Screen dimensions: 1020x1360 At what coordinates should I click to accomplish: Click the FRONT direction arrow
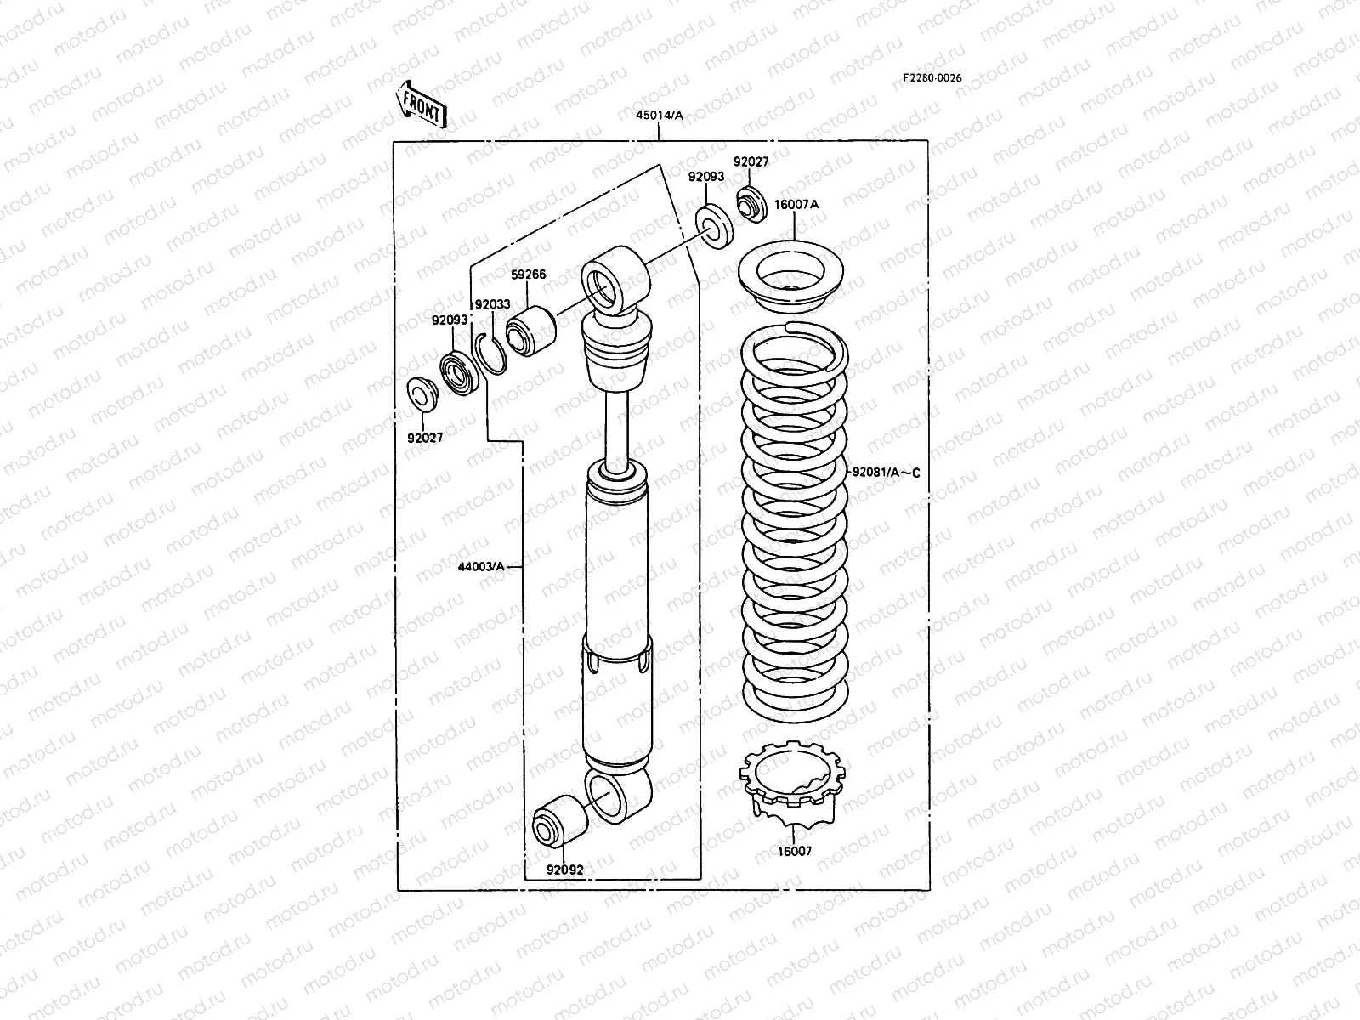(421, 104)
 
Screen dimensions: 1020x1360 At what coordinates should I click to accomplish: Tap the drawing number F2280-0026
(932, 78)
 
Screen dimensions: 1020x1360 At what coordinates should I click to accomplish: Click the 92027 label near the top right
(751, 161)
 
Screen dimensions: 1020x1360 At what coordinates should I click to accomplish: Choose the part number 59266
(528, 275)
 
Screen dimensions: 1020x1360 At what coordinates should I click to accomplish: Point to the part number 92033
(492, 304)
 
